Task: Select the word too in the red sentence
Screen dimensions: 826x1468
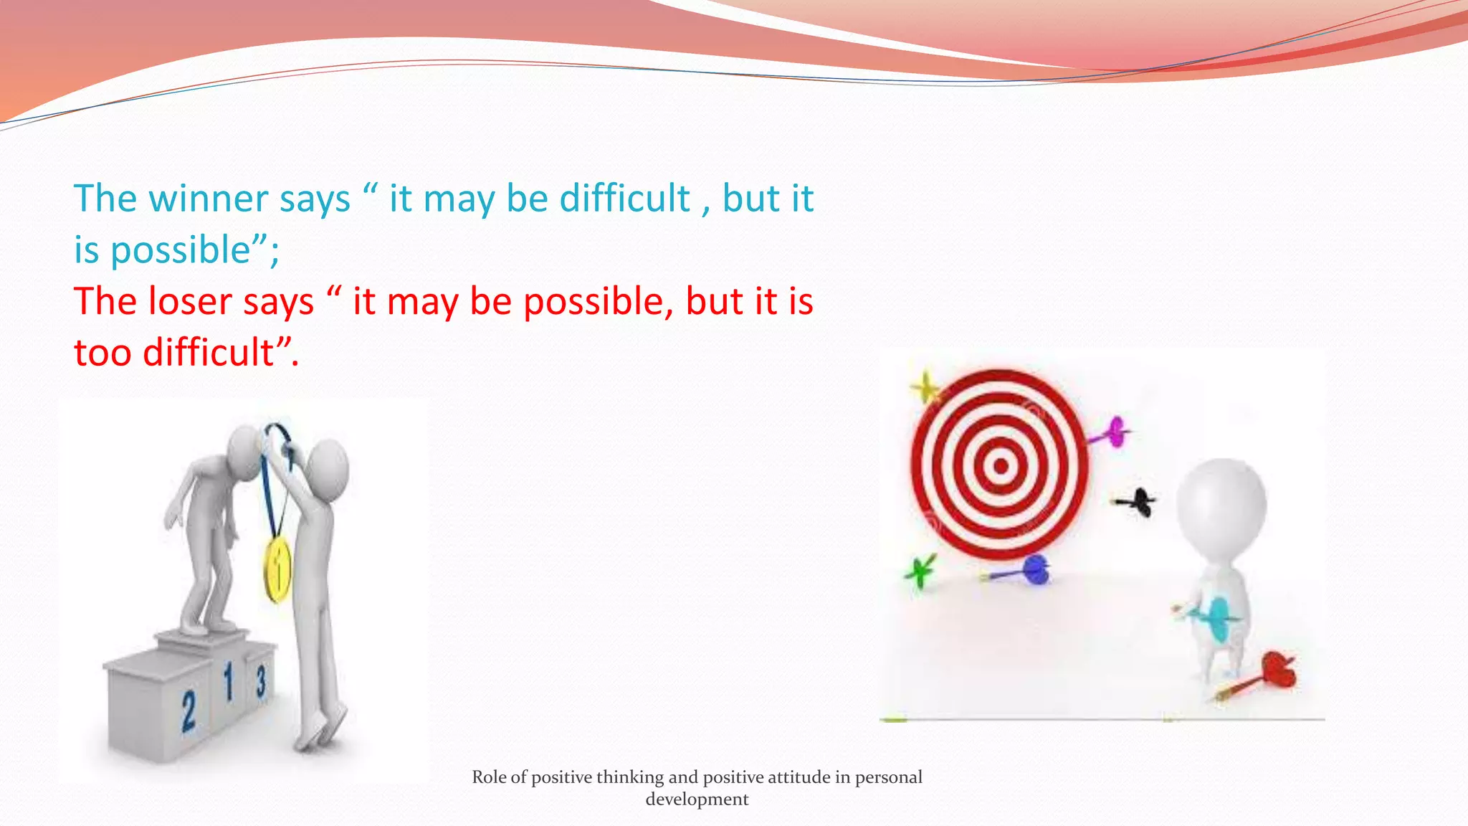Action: (102, 353)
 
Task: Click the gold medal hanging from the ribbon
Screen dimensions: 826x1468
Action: (277, 570)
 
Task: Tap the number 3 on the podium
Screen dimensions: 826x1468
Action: (261, 680)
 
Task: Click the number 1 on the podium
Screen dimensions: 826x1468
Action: (229, 682)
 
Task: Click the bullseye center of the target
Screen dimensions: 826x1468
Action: (1001, 466)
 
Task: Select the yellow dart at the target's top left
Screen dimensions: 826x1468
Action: (925, 389)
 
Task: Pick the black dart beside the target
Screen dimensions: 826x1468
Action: (1138, 501)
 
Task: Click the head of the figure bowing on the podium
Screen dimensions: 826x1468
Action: (244, 448)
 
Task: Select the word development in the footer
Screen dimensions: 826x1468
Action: (697, 799)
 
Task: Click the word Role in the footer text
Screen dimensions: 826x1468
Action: (489, 777)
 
